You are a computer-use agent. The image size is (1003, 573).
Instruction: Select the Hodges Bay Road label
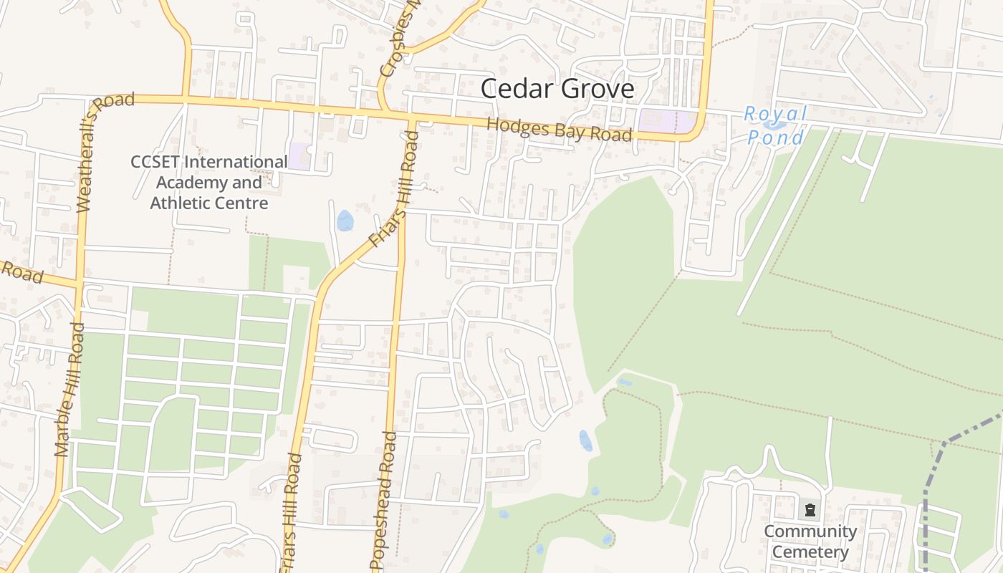click(559, 130)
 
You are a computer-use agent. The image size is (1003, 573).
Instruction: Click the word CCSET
click(155, 162)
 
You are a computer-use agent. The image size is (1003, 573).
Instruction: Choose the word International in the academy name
click(236, 162)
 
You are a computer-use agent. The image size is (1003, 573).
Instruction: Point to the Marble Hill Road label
click(69, 390)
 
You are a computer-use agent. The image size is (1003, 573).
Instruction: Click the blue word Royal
click(775, 114)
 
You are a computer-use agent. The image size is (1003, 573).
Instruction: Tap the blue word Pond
click(775, 136)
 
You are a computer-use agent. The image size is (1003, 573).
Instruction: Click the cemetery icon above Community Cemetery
click(810, 510)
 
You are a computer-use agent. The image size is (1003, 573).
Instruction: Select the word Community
click(810, 531)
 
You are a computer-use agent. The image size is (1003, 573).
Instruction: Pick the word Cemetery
click(810, 552)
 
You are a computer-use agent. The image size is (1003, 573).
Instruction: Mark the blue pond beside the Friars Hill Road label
click(345, 221)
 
